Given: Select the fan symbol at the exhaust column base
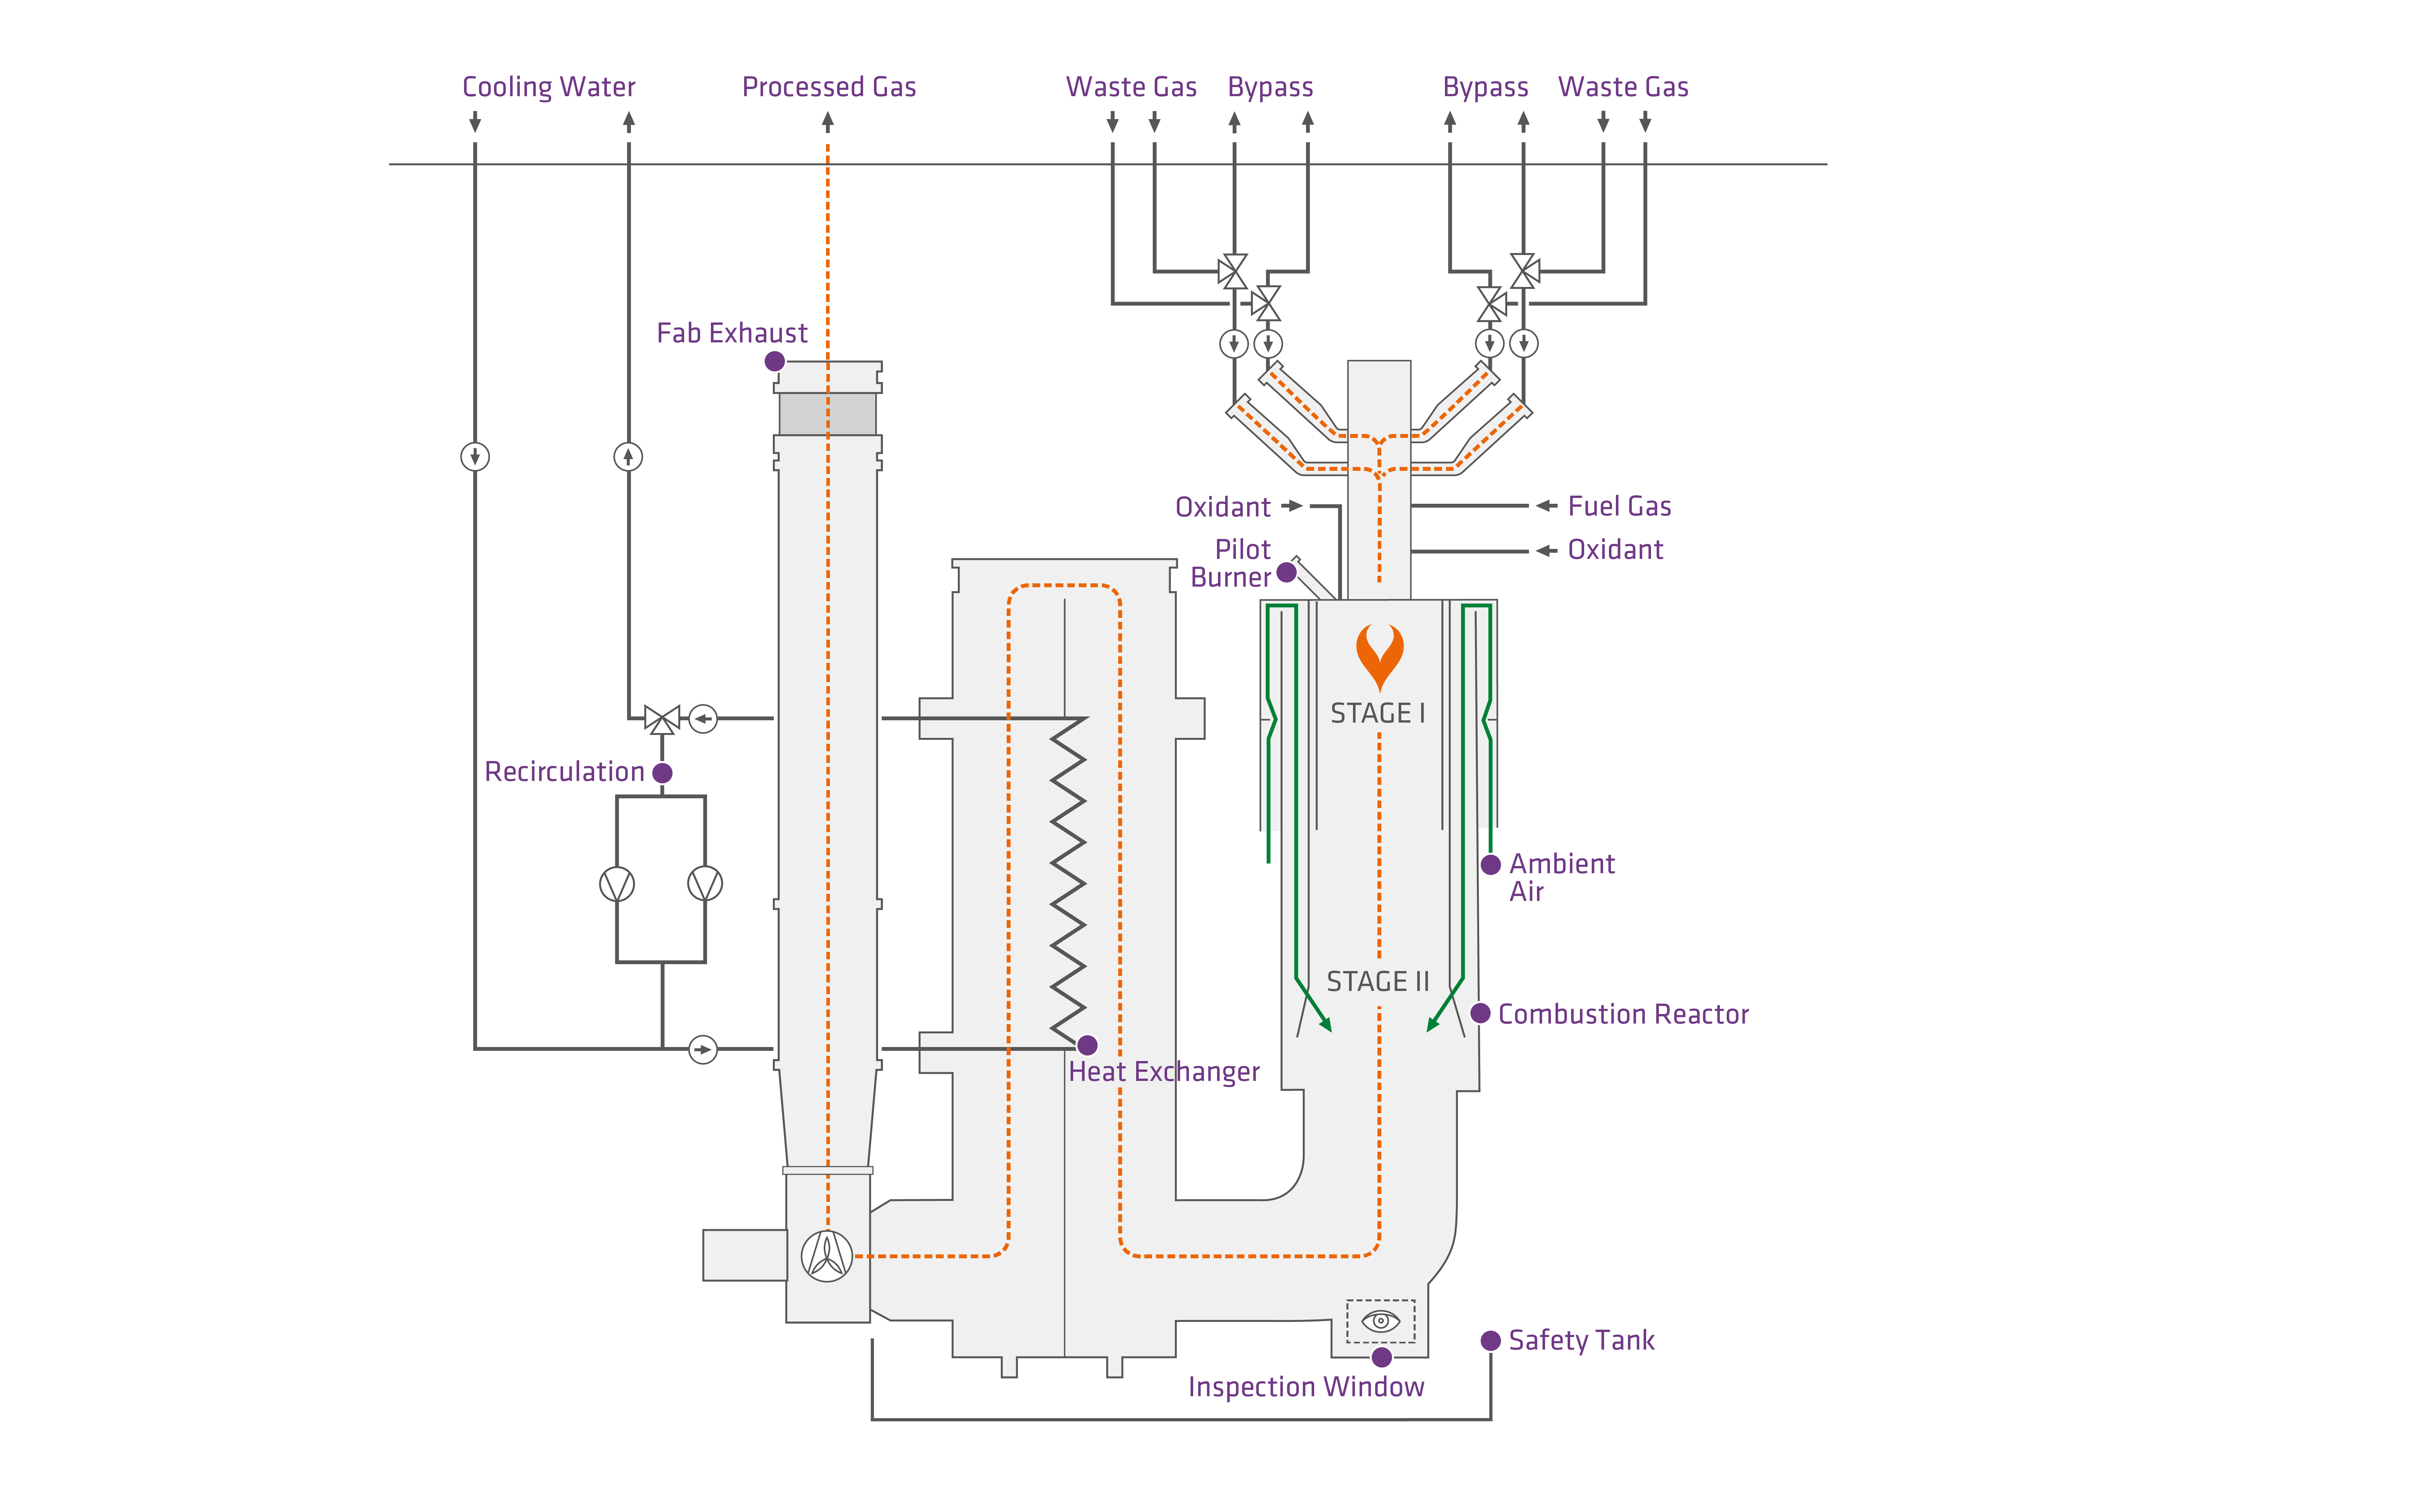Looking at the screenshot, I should (826, 1255).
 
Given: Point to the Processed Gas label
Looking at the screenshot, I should (828, 87).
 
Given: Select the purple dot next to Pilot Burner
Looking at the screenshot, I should (1287, 573).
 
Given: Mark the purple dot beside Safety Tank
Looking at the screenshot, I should (1490, 1340).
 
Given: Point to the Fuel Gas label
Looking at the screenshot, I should (1619, 507).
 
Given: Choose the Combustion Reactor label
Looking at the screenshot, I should (1623, 1014).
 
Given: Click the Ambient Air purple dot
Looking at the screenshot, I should (1490, 864).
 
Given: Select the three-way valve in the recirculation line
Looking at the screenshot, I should (661, 719).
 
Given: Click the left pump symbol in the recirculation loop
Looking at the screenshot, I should (617, 883).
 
